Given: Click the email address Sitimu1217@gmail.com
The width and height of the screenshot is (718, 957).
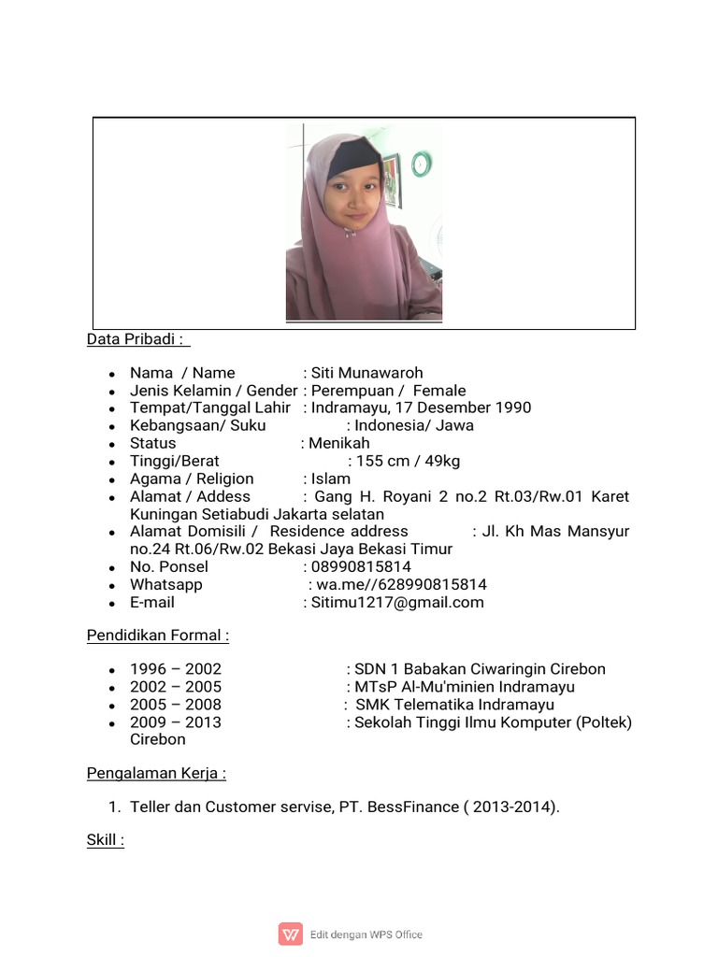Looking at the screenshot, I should (397, 603).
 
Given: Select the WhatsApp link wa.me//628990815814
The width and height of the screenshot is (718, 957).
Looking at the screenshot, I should (402, 585).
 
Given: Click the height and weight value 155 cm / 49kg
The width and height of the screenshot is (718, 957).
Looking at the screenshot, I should (408, 461).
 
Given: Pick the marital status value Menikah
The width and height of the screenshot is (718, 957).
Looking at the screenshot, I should (339, 443).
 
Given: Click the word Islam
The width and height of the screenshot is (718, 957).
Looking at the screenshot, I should (331, 478).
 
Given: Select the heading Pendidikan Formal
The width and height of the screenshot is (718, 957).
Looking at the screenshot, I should (157, 636).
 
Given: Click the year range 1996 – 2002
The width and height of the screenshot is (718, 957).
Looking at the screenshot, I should (176, 669).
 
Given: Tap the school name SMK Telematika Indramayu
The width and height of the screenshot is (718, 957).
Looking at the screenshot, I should (454, 705).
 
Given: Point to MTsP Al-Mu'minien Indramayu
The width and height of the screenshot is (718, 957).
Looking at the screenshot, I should (465, 687).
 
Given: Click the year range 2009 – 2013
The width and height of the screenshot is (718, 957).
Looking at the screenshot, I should (176, 722).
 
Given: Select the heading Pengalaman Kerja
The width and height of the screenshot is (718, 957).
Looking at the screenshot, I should (156, 773).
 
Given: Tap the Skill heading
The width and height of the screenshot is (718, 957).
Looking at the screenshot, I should (105, 839).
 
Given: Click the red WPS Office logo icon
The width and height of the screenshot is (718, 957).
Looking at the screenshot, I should (291, 934).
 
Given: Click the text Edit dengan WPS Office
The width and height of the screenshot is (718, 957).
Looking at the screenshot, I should (366, 935).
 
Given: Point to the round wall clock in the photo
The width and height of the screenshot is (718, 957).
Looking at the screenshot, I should (421, 164).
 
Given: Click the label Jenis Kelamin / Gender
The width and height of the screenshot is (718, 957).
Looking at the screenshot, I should (213, 391).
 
